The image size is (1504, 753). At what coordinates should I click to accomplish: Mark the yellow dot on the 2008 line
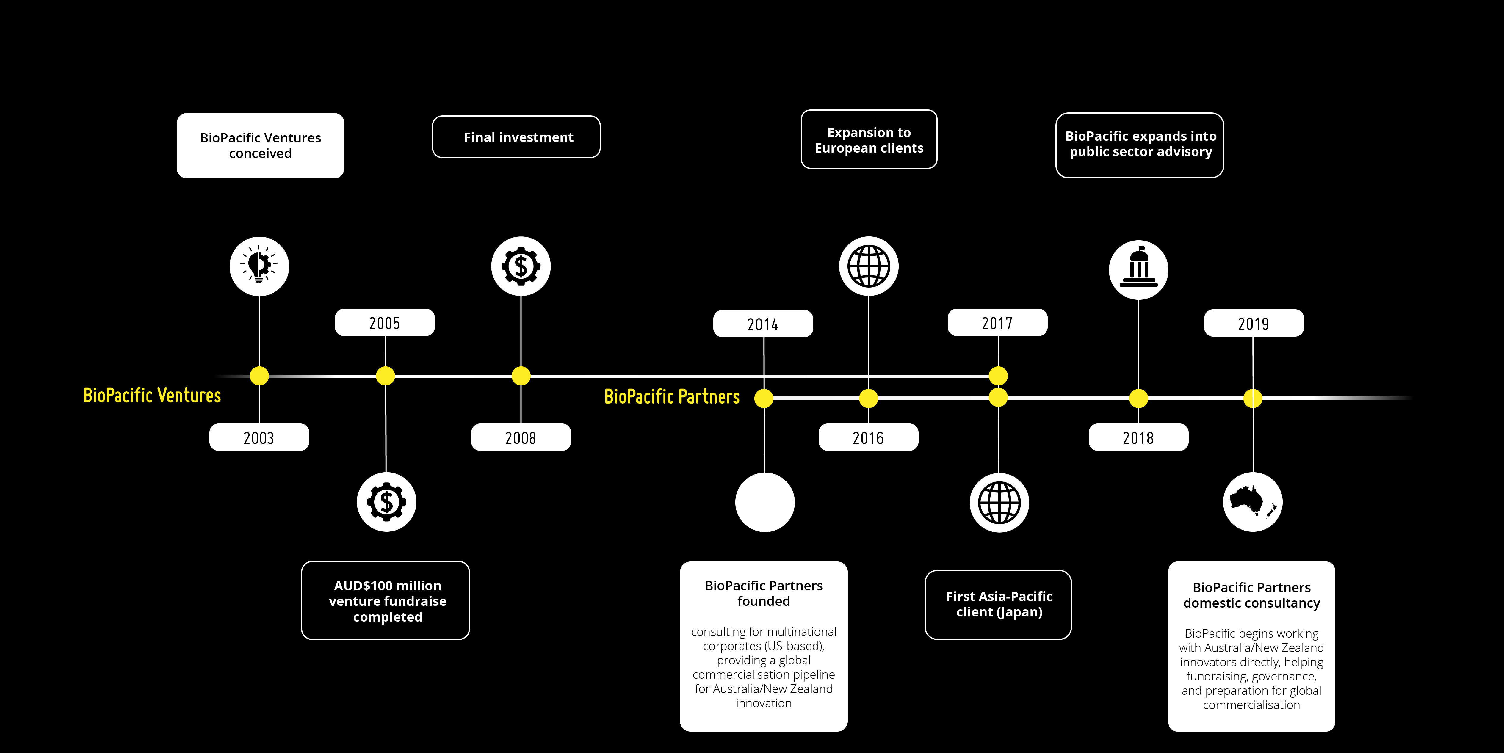[521, 376]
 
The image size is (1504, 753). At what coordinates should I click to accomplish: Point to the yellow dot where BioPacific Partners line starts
[764, 398]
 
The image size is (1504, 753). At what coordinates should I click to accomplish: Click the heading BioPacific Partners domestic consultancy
[1251, 595]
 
